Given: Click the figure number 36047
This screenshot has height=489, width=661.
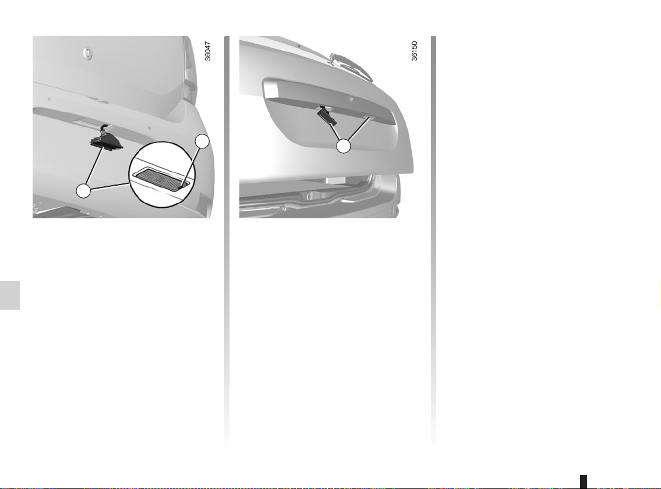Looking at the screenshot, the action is coord(207,51).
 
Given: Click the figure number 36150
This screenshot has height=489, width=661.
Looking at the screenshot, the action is coord(415,51).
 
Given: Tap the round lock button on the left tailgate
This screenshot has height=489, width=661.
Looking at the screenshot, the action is coord(88,53).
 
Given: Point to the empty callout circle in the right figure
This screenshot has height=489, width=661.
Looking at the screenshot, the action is coord(344,146).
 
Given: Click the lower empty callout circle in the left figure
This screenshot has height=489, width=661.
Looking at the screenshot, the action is coord(83,191).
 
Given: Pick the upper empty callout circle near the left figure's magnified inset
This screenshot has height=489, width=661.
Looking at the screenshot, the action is coord(203,141).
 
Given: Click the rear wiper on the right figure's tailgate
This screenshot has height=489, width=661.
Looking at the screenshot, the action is coord(351,66).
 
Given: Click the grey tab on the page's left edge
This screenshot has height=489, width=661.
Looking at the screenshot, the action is coord(10,295).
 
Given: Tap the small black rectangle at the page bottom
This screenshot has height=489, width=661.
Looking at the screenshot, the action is coord(584,481).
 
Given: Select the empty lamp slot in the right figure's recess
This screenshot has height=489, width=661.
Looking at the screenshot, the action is coord(366,115).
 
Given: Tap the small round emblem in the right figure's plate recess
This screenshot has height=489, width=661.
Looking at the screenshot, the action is coord(351,100).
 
